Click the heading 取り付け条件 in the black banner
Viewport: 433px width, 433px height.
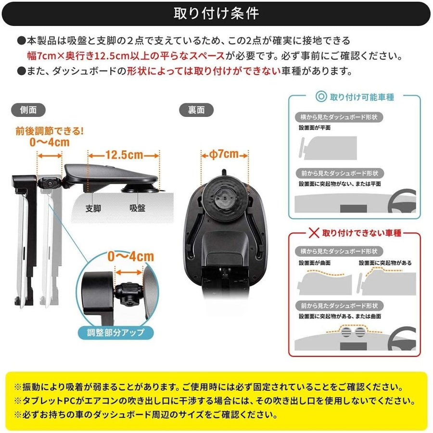click(x=216, y=13)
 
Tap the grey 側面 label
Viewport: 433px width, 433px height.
click(x=28, y=110)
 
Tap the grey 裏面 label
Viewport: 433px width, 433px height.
click(x=196, y=110)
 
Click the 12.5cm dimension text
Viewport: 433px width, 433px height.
click(x=124, y=155)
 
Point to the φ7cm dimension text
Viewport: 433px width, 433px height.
click(x=224, y=154)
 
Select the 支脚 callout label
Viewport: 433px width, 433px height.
click(x=93, y=208)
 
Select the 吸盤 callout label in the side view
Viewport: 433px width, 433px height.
click(x=137, y=208)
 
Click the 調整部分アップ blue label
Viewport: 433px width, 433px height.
click(x=115, y=332)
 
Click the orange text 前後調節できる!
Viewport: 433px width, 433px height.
click(x=50, y=131)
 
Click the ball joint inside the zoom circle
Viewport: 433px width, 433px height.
click(x=127, y=294)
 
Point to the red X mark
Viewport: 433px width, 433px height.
click(x=314, y=233)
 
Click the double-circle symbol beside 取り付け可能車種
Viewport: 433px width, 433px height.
click(x=321, y=97)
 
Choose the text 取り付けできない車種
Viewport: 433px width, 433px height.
click(x=362, y=233)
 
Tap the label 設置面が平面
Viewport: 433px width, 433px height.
click(x=315, y=127)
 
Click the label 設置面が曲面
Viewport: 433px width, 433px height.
click(x=315, y=263)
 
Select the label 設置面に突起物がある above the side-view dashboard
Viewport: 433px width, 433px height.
click(x=385, y=263)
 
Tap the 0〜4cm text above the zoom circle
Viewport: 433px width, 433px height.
click(x=130, y=257)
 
